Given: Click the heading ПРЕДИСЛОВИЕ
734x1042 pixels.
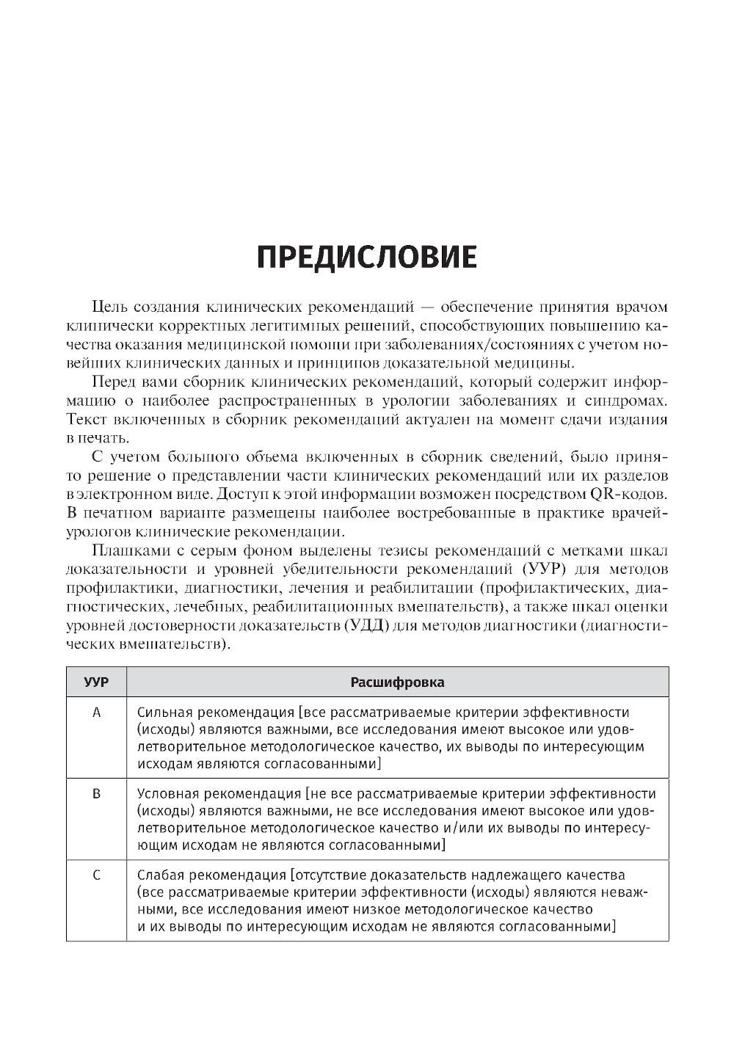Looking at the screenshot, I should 367,258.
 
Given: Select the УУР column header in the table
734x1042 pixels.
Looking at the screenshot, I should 96,682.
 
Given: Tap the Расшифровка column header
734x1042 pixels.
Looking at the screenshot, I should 397,682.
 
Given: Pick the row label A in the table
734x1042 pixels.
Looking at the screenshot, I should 96,713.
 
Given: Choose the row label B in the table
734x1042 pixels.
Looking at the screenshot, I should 96,794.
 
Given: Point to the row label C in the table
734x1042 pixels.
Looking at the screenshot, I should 96,875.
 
